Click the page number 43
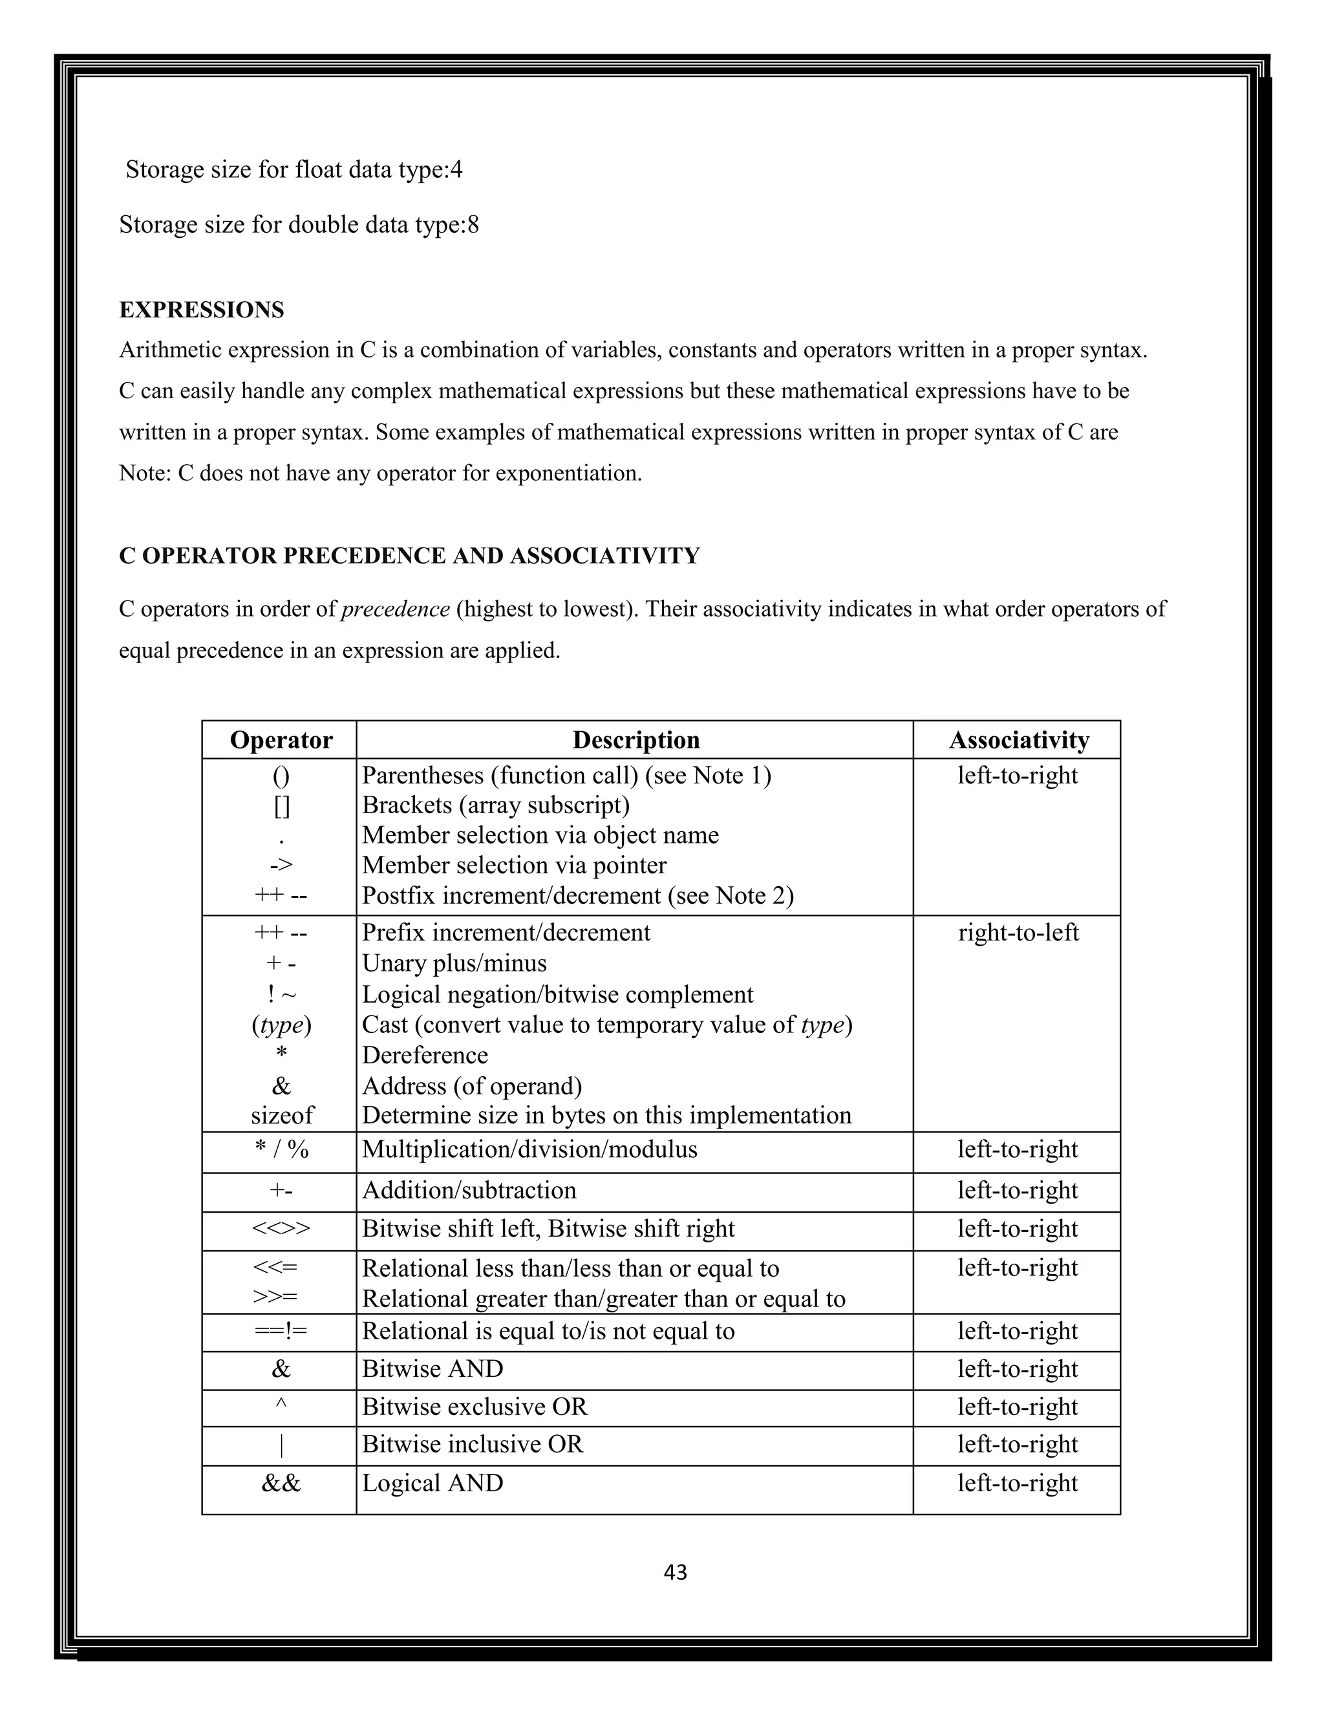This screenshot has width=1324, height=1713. click(674, 1572)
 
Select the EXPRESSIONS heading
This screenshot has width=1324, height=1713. click(202, 310)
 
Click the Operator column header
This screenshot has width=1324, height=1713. click(281, 739)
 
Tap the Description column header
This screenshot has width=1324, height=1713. click(635, 739)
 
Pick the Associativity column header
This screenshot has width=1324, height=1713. click(1018, 739)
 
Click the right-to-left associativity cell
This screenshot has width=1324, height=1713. click(1018, 933)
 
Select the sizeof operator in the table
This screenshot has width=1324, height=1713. click(282, 1115)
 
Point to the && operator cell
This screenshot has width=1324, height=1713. click(281, 1483)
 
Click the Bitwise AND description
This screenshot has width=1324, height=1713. click(432, 1368)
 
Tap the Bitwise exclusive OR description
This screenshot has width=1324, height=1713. click(475, 1407)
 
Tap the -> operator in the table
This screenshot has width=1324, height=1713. click(281, 865)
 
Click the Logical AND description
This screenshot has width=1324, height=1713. click(432, 1483)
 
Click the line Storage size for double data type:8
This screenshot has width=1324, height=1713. click(299, 225)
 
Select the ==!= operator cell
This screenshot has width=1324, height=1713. click(281, 1331)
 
